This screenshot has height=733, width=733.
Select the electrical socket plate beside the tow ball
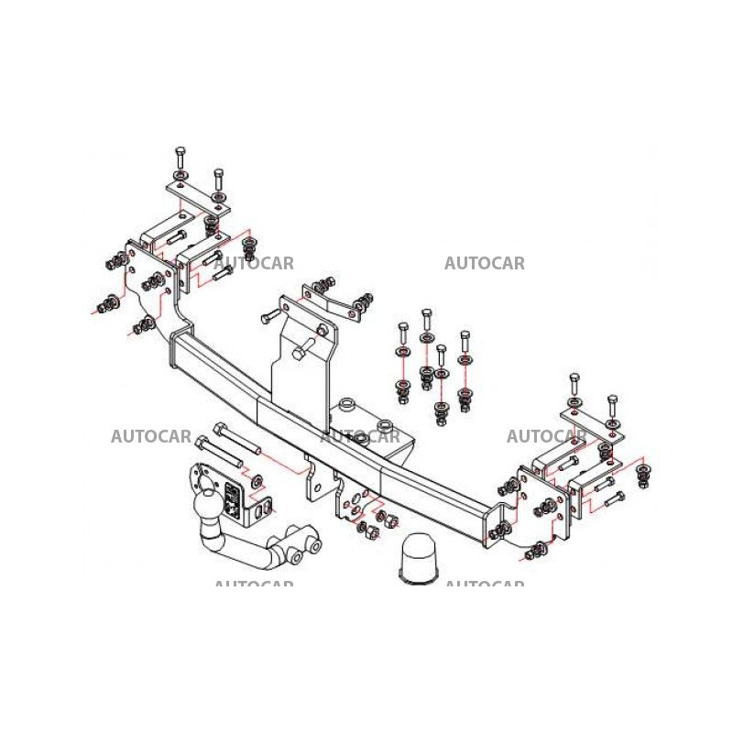click(233, 499)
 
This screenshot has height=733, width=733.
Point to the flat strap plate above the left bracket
click(198, 199)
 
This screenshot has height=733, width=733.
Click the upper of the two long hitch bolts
click(236, 439)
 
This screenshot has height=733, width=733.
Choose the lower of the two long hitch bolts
click(219, 452)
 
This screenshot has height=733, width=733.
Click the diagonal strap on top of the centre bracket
click(332, 301)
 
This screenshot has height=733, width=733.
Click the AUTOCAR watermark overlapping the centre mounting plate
click(360, 437)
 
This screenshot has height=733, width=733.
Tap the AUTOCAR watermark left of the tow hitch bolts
click(151, 437)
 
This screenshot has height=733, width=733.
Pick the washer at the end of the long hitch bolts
click(257, 481)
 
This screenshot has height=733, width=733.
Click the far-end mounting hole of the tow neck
click(316, 545)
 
